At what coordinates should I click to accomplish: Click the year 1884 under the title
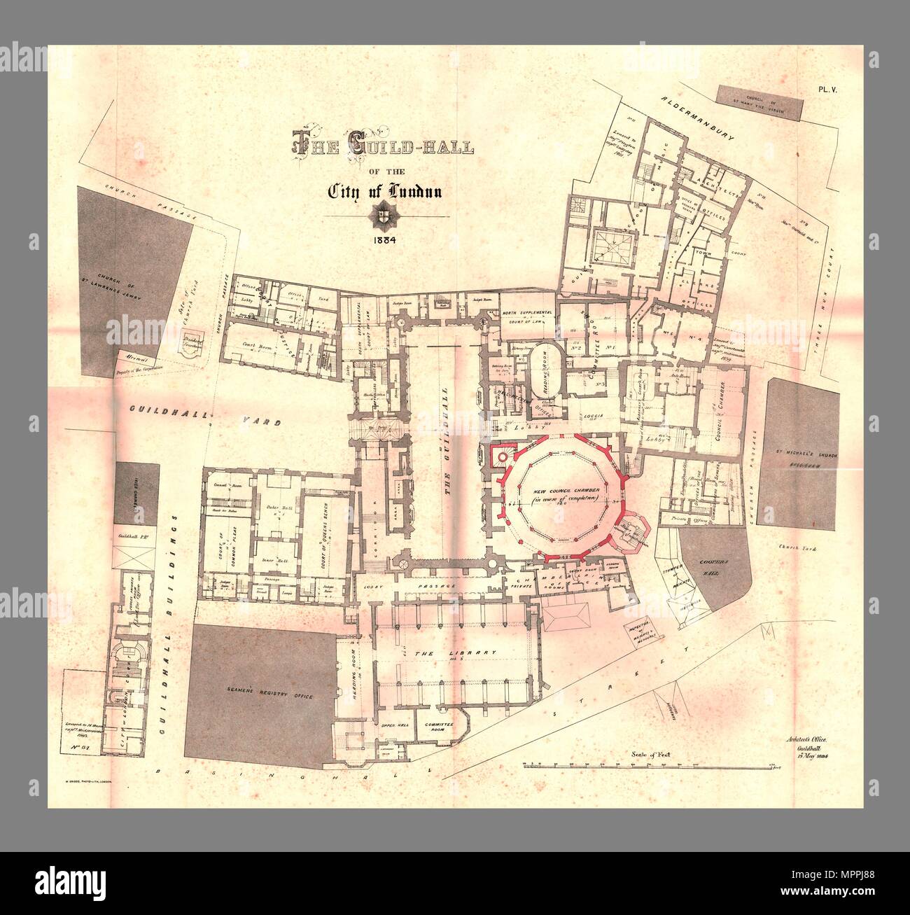point(384,239)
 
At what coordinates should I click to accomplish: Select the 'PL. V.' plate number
point(831,89)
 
